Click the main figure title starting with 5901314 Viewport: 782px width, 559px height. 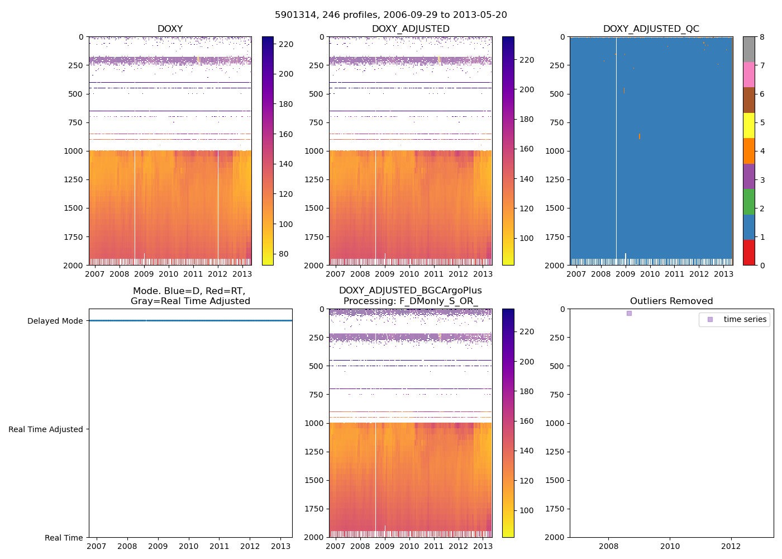pos(391,15)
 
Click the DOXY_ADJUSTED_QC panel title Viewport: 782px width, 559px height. pos(651,29)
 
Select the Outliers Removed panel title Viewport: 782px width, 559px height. pos(671,301)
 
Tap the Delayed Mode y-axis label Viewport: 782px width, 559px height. pos(55,321)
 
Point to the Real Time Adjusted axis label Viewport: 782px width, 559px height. pos(45,429)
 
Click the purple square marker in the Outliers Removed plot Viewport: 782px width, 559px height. pos(629,314)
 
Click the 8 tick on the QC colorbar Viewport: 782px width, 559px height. pos(762,37)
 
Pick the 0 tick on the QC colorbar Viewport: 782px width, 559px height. pos(762,265)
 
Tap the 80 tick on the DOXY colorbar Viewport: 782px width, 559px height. pos(284,254)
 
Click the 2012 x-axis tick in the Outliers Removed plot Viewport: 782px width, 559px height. pos(731,546)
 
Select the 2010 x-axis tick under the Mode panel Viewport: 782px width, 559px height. pos(189,546)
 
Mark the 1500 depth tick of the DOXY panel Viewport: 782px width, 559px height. pos(73,208)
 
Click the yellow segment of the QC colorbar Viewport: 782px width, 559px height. pos(748,125)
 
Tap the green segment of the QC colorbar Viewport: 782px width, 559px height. pos(748,201)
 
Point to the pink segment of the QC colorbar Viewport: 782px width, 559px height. pos(748,74)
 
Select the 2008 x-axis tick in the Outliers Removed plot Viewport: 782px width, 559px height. pos(609,546)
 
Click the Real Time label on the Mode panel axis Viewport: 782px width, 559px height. pos(64,538)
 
